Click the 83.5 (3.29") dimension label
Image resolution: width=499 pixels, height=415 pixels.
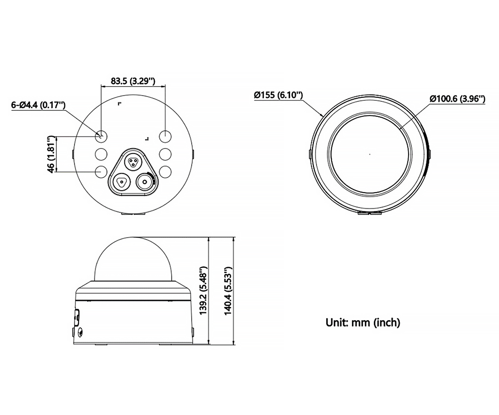coord(133,81)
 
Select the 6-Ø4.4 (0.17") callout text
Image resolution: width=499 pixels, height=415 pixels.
coord(38,105)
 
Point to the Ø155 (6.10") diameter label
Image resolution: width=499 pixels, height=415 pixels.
coord(278,95)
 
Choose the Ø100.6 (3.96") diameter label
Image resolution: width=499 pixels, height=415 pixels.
coord(457,99)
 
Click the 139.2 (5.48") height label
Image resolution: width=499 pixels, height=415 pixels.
coord(204,290)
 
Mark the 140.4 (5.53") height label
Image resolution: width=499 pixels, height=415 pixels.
coord(228,290)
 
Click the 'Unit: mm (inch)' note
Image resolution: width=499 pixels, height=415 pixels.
coord(363,323)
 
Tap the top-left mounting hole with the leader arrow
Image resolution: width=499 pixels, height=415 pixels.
coord(101,137)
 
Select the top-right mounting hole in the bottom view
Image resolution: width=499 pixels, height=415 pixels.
coord(165,137)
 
